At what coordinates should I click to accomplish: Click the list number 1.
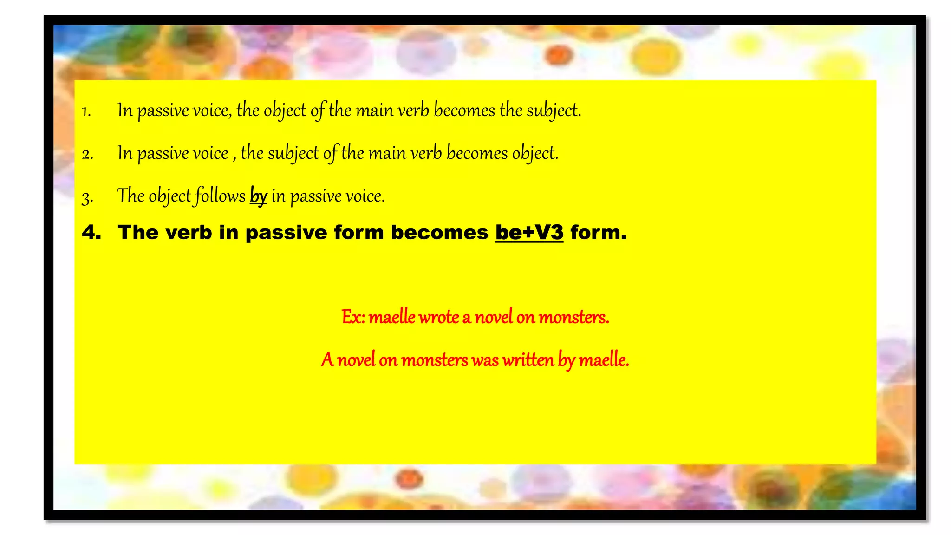[86, 111]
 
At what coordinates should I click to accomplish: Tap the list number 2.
[87, 154]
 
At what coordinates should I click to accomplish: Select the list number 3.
[87, 197]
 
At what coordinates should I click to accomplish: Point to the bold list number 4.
[91, 232]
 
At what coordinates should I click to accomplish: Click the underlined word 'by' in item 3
[258, 196]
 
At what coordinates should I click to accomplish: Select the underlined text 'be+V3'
[529, 232]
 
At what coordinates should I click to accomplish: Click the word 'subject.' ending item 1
[554, 111]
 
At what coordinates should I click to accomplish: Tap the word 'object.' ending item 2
[535, 153]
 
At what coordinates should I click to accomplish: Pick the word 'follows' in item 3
[220, 196]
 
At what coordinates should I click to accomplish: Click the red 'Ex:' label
[353, 317]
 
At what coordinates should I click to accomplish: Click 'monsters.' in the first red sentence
[573, 317]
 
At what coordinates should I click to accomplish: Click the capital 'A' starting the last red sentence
[327, 360]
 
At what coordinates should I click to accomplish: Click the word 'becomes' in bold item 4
[439, 232]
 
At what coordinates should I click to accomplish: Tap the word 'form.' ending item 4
[598, 232]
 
